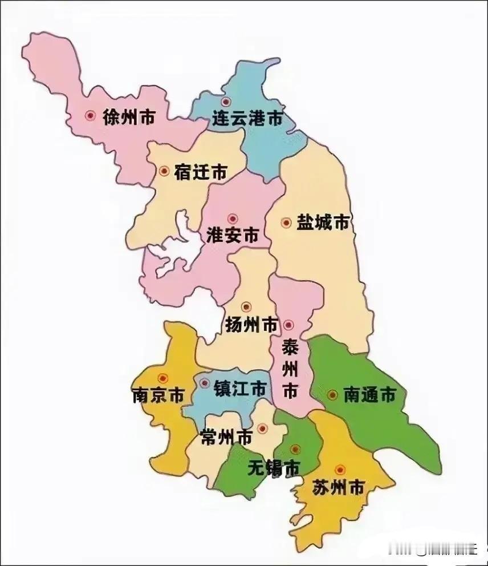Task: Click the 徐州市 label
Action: (x=129, y=118)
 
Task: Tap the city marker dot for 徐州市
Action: (x=90, y=116)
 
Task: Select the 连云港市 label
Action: (x=247, y=119)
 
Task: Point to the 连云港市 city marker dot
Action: (x=226, y=102)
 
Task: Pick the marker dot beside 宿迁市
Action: (x=164, y=171)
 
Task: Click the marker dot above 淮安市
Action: (x=232, y=218)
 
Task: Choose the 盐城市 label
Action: (x=323, y=223)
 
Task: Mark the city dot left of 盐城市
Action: (x=286, y=223)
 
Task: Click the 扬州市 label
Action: (x=251, y=325)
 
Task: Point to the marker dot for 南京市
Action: (x=164, y=378)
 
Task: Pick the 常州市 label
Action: (x=226, y=438)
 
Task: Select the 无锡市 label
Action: (x=274, y=468)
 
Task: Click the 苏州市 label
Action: (x=338, y=488)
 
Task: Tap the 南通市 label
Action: (x=369, y=395)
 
